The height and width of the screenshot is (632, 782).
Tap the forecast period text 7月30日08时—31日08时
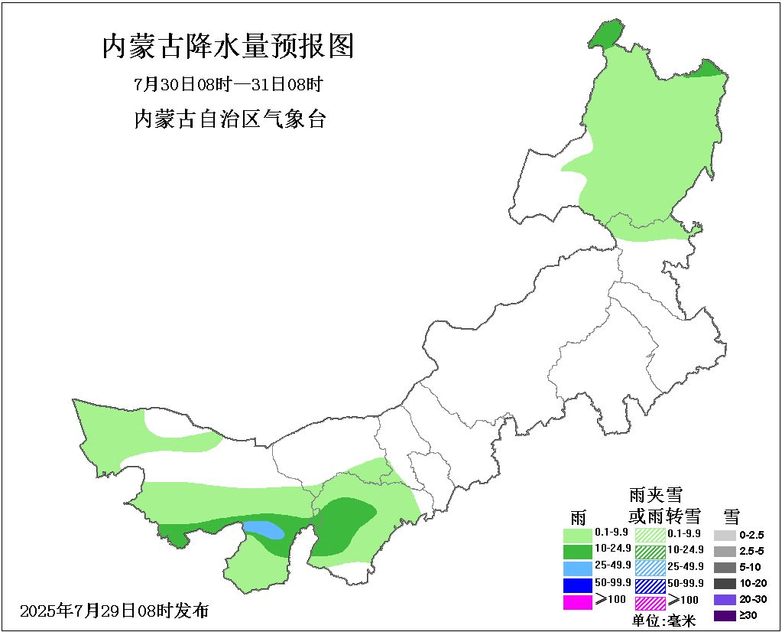[x=229, y=84]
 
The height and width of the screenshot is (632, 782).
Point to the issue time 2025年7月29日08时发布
[x=114, y=611]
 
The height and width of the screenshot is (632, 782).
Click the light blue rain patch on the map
[x=264, y=529]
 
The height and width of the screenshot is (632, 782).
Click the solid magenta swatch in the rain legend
[x=577, y=602]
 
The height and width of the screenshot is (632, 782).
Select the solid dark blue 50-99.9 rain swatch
[x=577, y=585]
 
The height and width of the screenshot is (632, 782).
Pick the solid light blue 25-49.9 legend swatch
[x=577, y=568]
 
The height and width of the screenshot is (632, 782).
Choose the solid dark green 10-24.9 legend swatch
[x=577, y=551]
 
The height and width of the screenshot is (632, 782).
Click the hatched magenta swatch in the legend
[x=651, y=602]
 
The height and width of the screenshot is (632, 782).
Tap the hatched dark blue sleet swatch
[x=651, y=585]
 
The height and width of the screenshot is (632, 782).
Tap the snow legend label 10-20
[x=753, y=583]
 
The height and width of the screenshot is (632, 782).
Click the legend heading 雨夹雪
[x=655, y=494]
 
